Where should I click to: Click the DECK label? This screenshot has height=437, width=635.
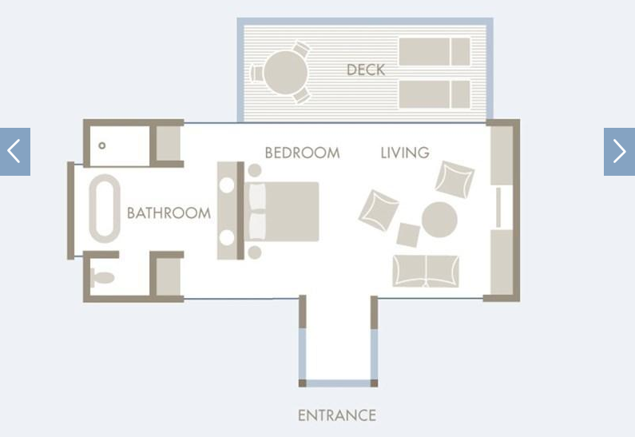coord(366,70)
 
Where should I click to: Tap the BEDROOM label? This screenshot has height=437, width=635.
coord(302,153)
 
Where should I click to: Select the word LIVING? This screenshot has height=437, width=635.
coord(405,153)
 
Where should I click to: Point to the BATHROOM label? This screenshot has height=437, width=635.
coord(169,213)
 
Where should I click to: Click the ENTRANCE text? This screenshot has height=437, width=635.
coord(337,415)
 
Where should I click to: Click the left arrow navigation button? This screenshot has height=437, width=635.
coord(15,152)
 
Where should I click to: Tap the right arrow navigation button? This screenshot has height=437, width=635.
coord(619,152)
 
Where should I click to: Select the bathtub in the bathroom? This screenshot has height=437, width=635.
coord(105,209)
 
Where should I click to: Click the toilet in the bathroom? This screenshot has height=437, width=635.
coord(102,278)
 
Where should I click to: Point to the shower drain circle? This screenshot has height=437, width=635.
coord(102,145)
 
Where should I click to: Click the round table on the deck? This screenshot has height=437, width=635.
coord(285,73)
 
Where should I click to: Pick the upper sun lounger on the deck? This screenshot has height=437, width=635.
coord(435,52)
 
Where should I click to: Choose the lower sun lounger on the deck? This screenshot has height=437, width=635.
coord(435,94)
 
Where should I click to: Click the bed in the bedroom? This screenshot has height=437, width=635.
coord(281,212)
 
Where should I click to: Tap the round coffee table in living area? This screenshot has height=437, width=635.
coord(439,220)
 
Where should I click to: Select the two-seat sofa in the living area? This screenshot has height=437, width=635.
coord(426,272)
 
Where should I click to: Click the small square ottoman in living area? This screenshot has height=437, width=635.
coord(408,235)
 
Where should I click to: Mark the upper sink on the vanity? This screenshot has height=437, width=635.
coord(227,185)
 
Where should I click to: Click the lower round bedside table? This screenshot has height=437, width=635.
coord(254,252)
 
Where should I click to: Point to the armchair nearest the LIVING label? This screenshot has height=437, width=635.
coord(454,180)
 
